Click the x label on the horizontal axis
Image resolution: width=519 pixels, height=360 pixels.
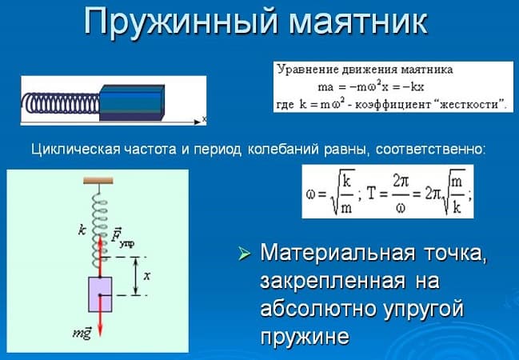tap(205, 118)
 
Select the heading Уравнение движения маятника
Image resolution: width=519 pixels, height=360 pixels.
tap(365, 70)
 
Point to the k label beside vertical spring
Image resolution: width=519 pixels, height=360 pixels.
tap(82, 230)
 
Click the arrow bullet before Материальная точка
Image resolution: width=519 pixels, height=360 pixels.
tap(246, 254)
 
